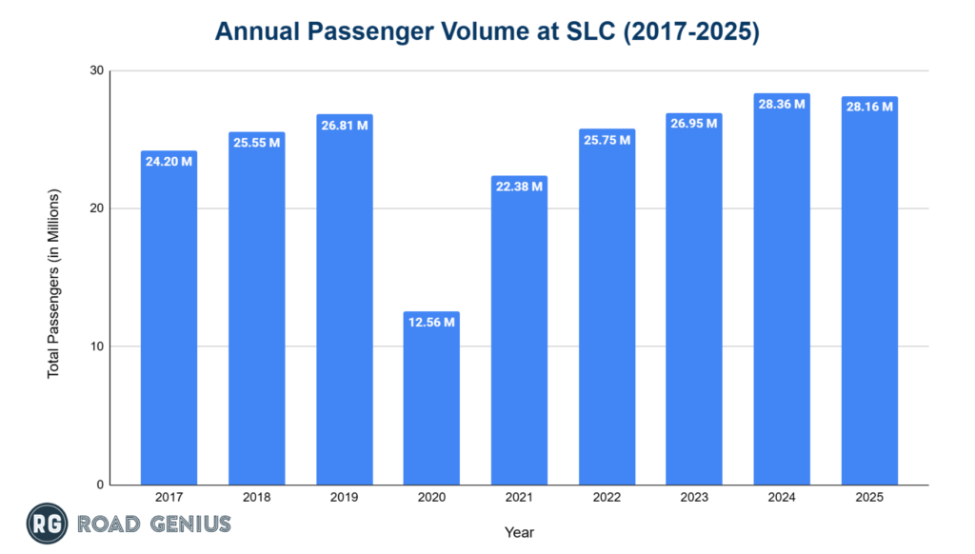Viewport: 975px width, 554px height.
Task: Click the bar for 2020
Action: (431, 400)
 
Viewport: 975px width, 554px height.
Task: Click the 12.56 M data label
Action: (431, 323)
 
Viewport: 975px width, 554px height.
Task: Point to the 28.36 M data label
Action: (782, 105)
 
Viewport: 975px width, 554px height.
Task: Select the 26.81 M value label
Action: (344, 126)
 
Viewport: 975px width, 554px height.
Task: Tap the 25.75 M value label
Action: (607, 140)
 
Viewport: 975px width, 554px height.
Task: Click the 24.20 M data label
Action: (169, 162)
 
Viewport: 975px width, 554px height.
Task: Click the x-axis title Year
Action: (519, 532)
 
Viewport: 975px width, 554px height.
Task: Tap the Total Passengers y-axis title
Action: (53, 284)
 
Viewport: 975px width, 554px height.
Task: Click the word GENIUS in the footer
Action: (189, 524)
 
